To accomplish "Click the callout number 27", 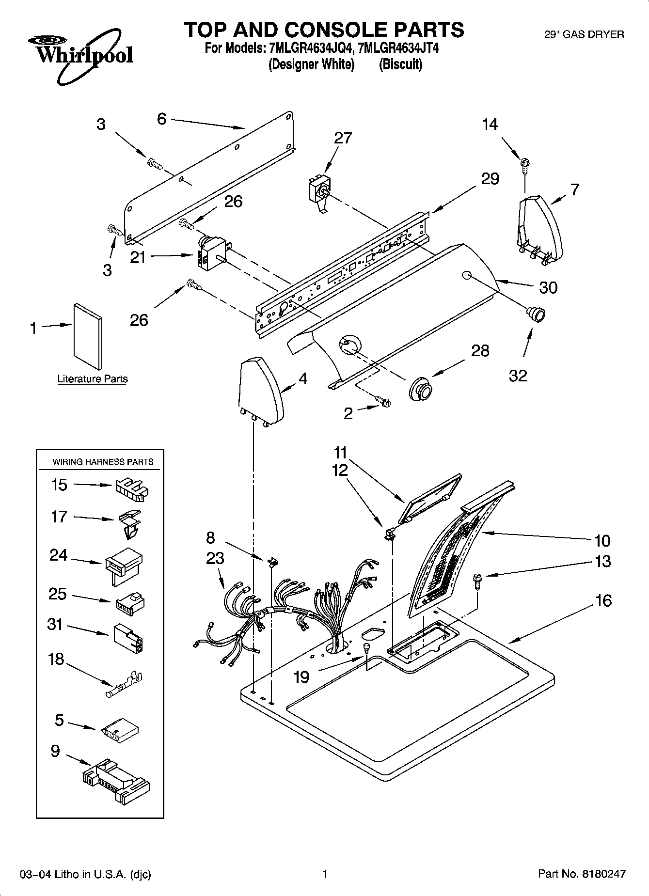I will pos(343,138).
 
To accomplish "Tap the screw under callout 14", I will pos(525,165).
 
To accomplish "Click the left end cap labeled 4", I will pos(261,389).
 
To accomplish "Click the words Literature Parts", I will pos(93,379).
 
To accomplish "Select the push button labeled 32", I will pos(536,314).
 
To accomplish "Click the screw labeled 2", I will pos(384,401).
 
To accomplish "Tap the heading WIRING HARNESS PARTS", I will pos(103,462).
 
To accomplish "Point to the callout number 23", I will pos(215,558).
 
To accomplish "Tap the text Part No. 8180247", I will pos(582,874).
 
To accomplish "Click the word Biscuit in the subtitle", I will pos(400,64).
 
